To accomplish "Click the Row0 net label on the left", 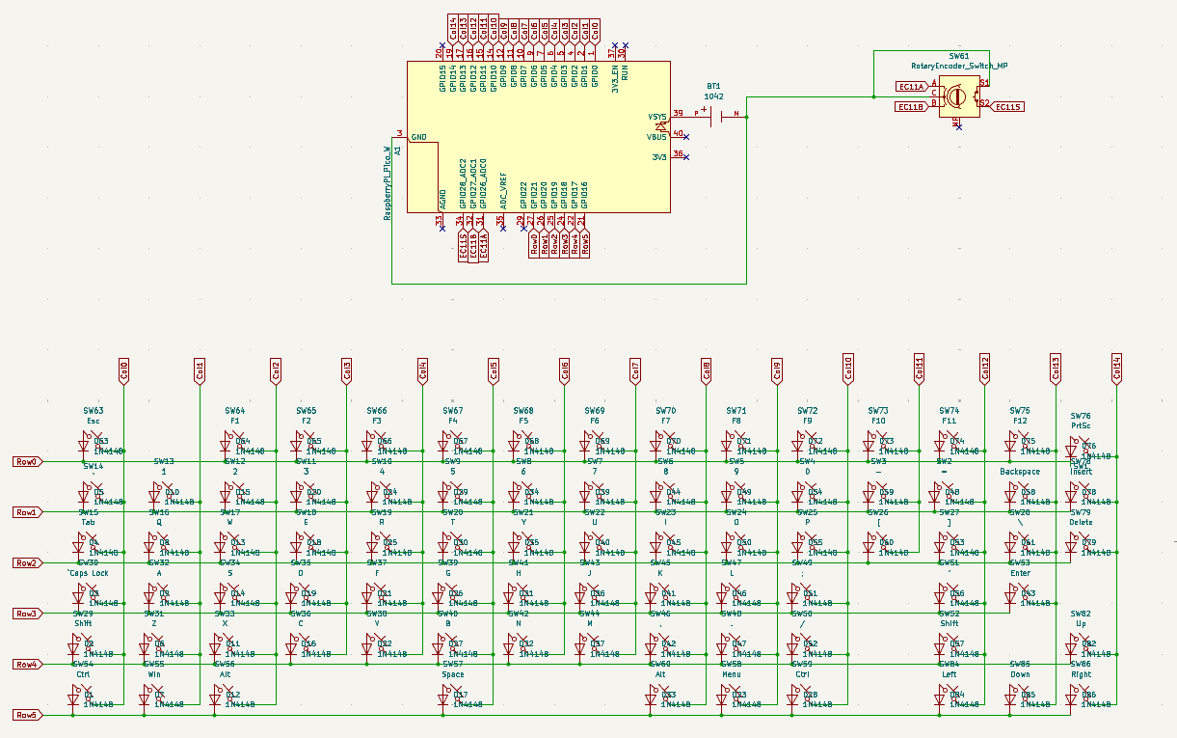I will (26, 461).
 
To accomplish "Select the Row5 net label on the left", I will (26, 715).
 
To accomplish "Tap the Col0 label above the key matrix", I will (123, 369).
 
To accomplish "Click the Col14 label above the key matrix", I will (1116, 369).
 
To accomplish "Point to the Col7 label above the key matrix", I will (635, 369).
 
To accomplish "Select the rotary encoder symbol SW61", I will (957, 96).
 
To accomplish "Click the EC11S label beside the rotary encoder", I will (1009, 107).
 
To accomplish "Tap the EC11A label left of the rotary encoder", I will (911, 87).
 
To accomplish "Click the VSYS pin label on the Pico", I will (656, 117).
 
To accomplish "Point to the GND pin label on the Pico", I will (419, 137).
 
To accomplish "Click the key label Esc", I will (93, 422).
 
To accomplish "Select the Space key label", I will (453, 675).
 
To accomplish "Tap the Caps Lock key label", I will (89, 573).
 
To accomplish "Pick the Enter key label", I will (1020, 573).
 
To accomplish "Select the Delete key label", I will (1081, 523).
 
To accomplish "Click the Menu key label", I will (732, 675).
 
